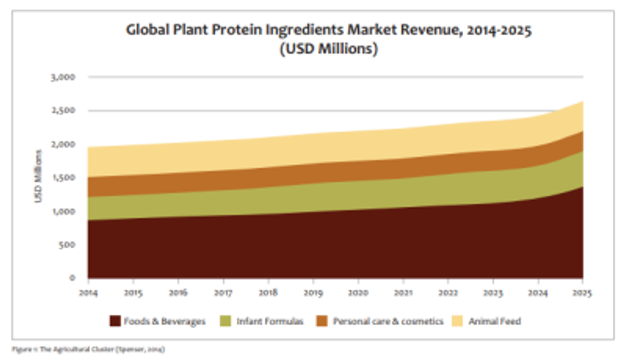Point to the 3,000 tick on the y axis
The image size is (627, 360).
pos(63,77)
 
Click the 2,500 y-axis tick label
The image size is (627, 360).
pos(63,111)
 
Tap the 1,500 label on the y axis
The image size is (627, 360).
pos(63,178)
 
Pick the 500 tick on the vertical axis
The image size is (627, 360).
pos(67,245)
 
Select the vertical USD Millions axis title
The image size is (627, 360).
pos(39,177)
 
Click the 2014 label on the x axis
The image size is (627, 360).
pos(88,293)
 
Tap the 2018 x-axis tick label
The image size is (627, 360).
pos(268,293)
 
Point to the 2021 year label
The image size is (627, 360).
pos(403,293)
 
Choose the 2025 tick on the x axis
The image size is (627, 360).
pos(582,293)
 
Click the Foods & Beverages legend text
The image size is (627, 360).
pos(165,322)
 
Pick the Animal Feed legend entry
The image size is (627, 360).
pos(495,322)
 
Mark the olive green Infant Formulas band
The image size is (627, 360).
pos(320,195)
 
